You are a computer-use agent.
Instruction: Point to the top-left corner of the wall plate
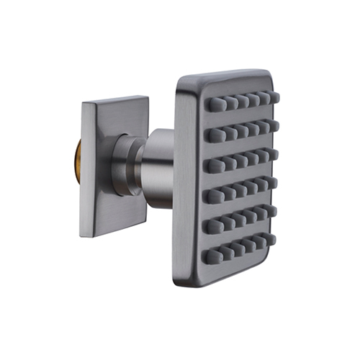click(83, 104)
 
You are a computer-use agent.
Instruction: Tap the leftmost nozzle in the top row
click(212, 105)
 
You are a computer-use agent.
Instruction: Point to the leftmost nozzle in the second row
click(212, 135)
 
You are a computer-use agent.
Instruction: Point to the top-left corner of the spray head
click(181, 79)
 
